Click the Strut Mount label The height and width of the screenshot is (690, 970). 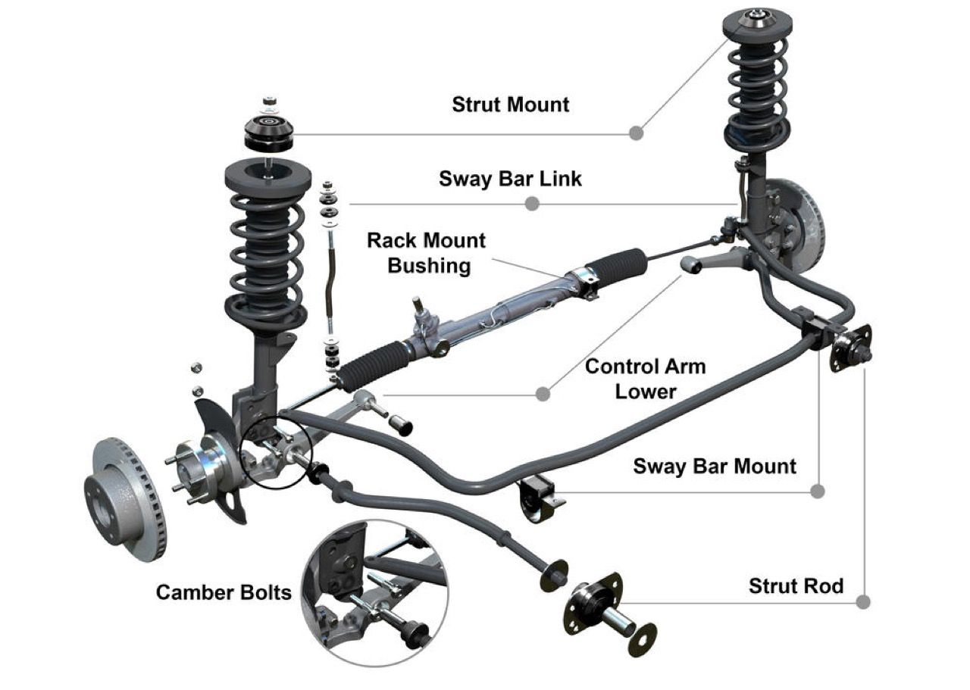(510, 104)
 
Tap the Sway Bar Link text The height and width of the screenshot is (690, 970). (510, 179)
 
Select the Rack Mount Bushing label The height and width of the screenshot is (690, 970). (427, 253)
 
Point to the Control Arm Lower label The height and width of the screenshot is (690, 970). (646, 378)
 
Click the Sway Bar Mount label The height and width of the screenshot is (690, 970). (715, 465)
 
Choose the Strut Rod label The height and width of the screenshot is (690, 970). (796, 585)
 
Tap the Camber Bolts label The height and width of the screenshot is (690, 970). (224, 592)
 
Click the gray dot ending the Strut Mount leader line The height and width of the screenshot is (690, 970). (637, 133)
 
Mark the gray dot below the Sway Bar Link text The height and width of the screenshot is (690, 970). (532, 204)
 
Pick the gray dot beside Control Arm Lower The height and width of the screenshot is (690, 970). (543, 394)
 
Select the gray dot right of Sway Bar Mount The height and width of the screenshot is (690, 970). (817, 492)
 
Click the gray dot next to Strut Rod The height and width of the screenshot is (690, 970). (862, 602)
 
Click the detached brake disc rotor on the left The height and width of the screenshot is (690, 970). (124, 497)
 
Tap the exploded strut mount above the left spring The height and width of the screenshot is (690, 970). (269, 133)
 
